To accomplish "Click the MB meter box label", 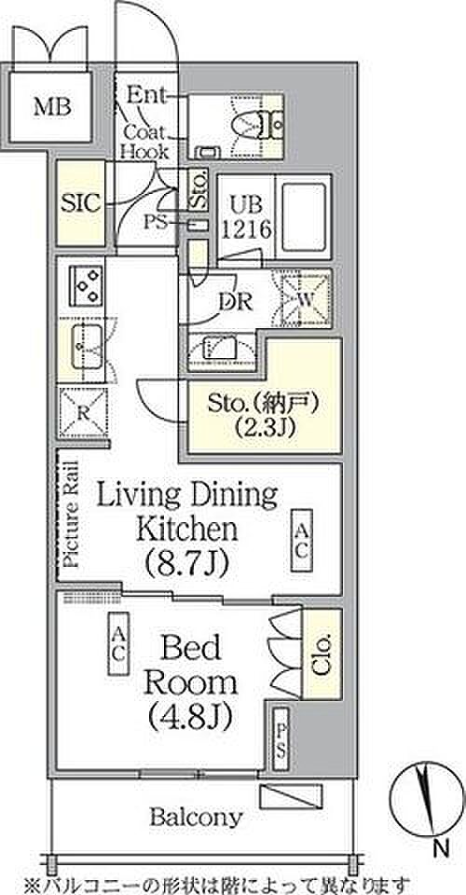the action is [x=52, y=107].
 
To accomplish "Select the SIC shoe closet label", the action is [x=80, y=202].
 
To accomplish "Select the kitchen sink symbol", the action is [x=87, y=347].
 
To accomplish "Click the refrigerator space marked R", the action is [x=83, y=414].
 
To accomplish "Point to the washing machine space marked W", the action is [x=302, y=298].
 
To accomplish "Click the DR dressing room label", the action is [x=235, y=301].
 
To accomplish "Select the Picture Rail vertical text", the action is [x=71, y=513].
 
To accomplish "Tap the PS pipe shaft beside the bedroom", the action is [x=281, y=738].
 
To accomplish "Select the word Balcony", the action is [x=197, y=818].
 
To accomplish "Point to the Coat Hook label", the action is [x=146, y=142].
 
